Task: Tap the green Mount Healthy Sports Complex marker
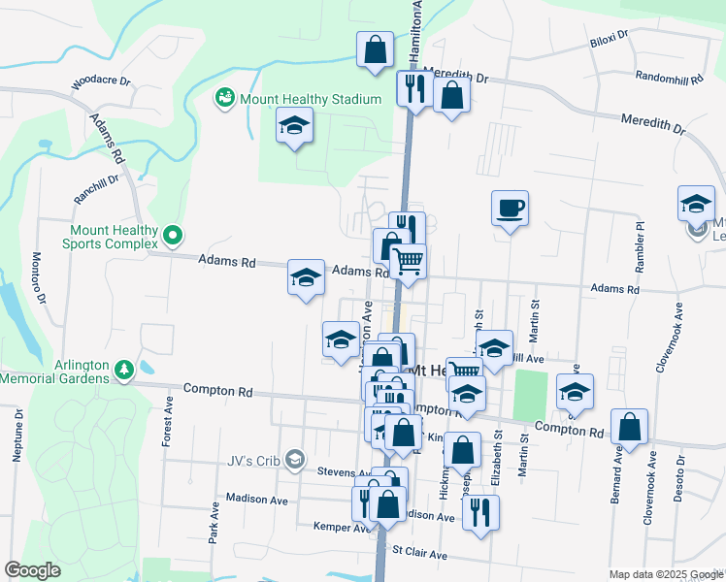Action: click(173, 234)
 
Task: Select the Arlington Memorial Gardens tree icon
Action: click(123, 370)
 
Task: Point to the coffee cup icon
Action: click(510, 208)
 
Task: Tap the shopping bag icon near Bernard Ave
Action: click(630, 427)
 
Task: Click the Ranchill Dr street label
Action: click(96, 188)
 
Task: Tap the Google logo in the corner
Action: click(32, 570)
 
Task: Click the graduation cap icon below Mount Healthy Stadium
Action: click(294, 126)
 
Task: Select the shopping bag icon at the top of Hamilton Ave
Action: click(375, 49)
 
